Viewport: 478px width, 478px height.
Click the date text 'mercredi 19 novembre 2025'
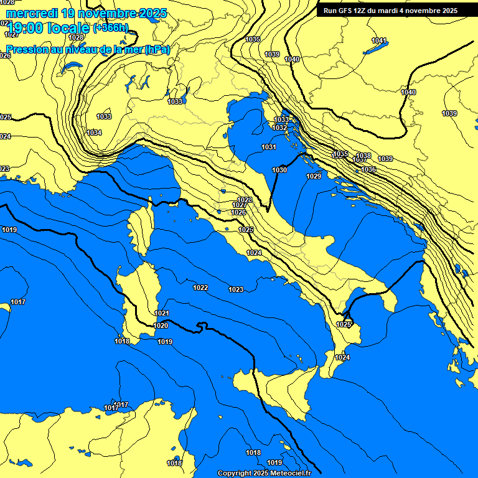(x=86, y=13)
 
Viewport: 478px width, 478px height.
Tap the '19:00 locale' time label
(x=48, y=27)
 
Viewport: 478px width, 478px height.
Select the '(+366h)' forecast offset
(x=111, y=28)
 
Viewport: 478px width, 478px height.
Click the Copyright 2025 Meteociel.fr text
(x=264, y=473)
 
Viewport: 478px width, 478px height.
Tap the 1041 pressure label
(x=379, y=40)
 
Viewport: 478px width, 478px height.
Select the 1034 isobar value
(x=94, y=133)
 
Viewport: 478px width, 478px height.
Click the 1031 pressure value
(x=269, y=147)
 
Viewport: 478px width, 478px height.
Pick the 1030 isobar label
(x=279, y=170)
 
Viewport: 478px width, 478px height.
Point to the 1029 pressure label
(x=314, y=176)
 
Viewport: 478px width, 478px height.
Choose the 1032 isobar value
(x=280, y=128)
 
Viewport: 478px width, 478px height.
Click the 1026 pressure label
(x=238, y=212)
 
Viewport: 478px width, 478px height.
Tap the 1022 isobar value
(x=200, y=288)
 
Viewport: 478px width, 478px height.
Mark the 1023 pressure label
(x=236, y=289)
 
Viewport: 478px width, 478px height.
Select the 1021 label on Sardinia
(x=162, y=313)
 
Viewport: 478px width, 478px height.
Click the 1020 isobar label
(x=161, y=326)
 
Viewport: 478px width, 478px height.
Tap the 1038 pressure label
(x=363, y=156)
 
